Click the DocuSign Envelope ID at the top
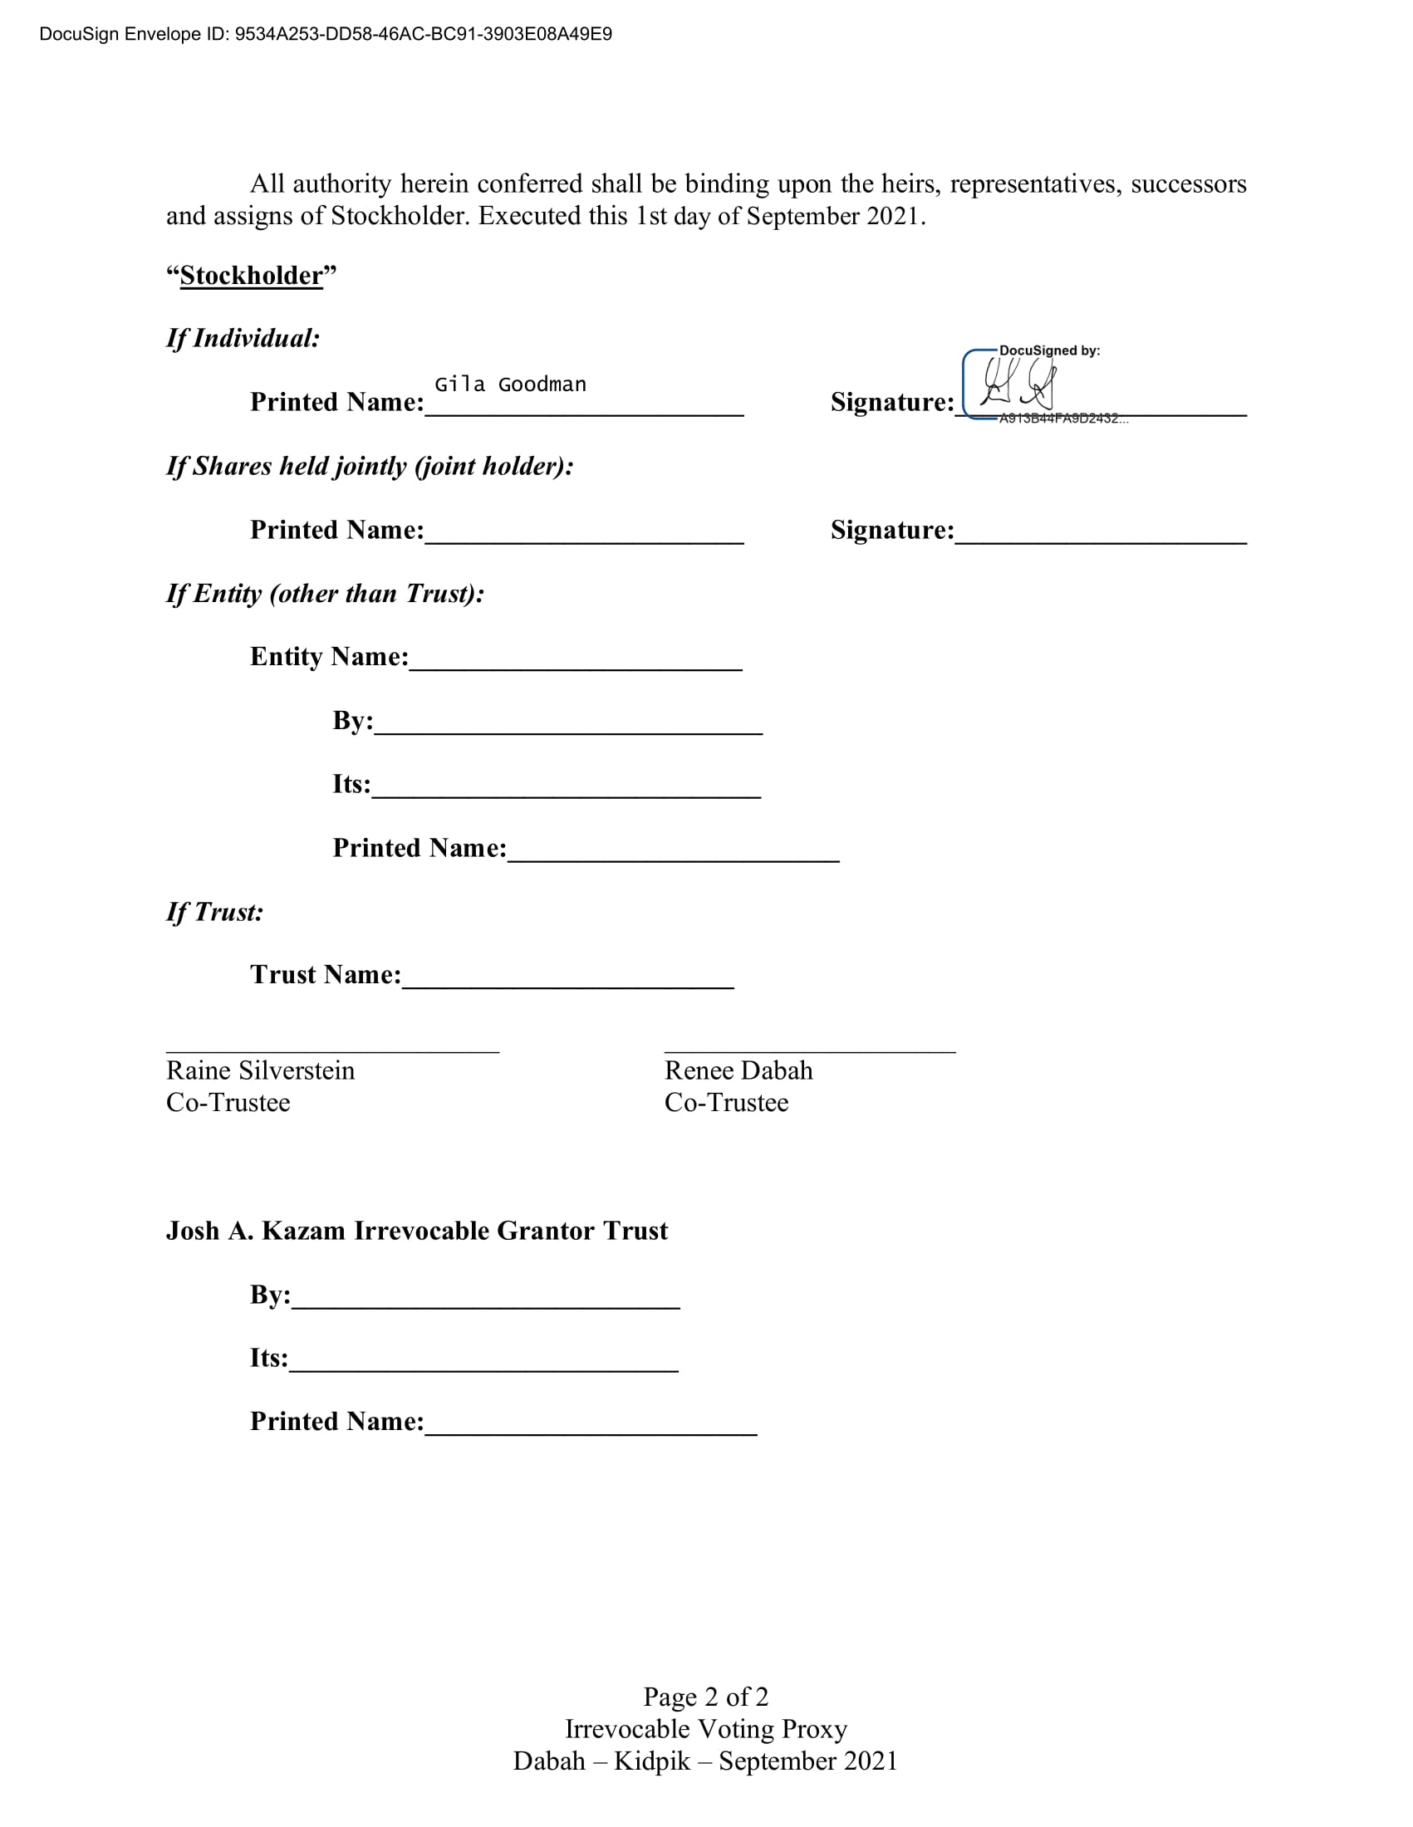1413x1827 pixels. (x=326, y=34)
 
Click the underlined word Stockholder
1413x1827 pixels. (x=251, y=275)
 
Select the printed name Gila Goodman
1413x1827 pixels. (x=509, y=385)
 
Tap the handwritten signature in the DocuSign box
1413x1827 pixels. (x=1018, y=385)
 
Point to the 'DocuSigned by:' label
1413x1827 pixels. (x=1049, y=350)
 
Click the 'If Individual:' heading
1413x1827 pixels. (x=243, y=338)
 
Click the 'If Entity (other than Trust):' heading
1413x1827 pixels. (x=326, y=593)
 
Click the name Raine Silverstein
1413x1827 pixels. (x=260, y=1070)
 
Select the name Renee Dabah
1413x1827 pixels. (x=738, y=1070)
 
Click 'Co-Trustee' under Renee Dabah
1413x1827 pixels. (x=726, y=1102)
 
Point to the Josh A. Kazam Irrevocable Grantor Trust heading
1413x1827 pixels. (x=417, y=1231)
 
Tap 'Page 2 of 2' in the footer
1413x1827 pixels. (x=705, y=1697)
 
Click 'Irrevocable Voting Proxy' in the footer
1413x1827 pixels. (x=705, y=1728)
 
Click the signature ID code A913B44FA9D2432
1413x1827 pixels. (x=1062, y=419)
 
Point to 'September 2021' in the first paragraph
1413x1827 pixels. (x=834, y=216)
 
